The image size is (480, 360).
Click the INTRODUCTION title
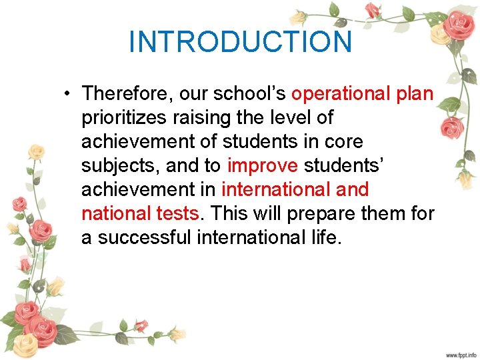[240, 41]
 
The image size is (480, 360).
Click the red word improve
[263, 166]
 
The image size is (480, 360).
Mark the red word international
[275, 190]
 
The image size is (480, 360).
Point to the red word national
[116, 214]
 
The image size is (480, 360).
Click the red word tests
[178, 214]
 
